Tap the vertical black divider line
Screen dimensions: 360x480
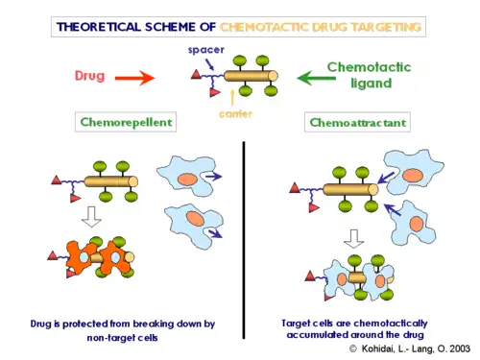pyautogui.click(x=244, y=230)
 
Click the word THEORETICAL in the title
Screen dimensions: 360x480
pyautogui.click(x=99, y=27)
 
